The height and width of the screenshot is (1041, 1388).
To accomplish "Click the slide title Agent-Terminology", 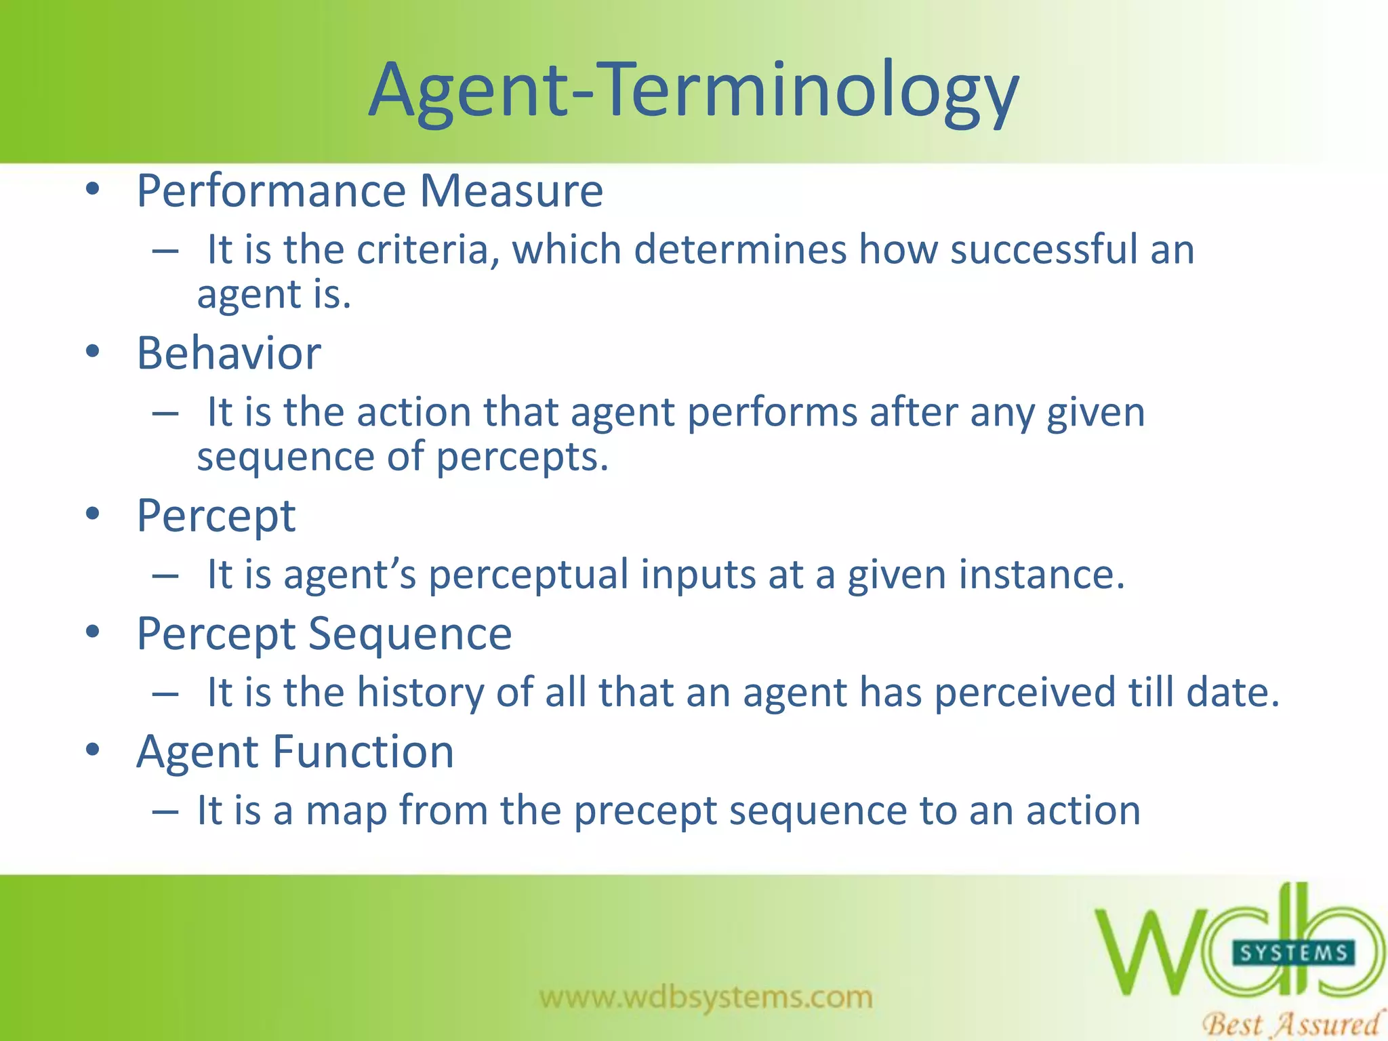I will coord(693,91).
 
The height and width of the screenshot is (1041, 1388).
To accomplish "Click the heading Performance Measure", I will coord(369,190).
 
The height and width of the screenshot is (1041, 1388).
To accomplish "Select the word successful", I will coord(1043,249).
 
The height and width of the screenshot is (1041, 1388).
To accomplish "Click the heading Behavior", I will coord(229,353).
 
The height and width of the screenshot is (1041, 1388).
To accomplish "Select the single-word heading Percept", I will coord(216,516).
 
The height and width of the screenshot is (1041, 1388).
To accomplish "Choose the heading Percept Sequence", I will coord(324,634).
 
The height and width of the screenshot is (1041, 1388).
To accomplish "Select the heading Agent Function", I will coord(295,752).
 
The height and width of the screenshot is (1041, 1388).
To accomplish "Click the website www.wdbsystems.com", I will coord(706,997).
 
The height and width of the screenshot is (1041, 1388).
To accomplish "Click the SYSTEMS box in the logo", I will coord(1293,954).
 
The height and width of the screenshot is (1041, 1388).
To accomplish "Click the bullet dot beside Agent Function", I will coord(93,750).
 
